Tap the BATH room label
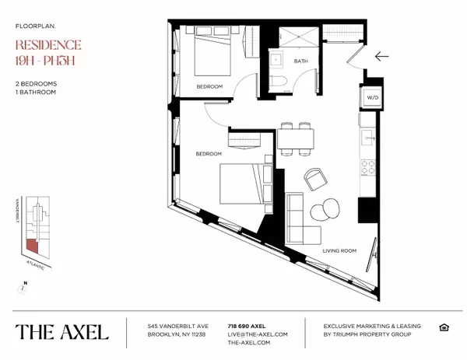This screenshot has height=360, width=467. [301, 61]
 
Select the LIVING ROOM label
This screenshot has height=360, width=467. [340, 252]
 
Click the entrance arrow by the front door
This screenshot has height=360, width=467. [381, 56]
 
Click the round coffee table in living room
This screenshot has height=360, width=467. [320, 210]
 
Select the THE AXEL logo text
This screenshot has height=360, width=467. [61, 332]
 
